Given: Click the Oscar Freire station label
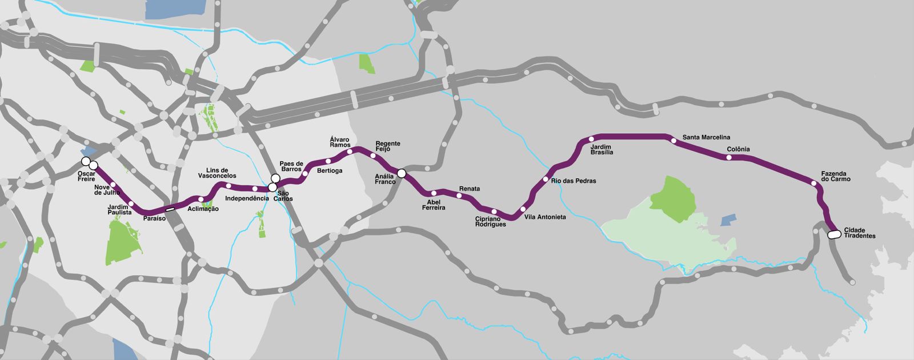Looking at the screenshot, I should click(86, 176).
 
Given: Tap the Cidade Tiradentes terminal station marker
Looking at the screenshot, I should click(834, 234).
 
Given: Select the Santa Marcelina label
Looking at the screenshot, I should click(706, 137).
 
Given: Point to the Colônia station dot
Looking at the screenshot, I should click(729, 157).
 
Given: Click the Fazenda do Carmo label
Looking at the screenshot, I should click(835, 176).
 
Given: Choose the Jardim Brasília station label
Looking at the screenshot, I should click(602, 150).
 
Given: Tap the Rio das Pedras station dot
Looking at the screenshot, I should click(545, 179).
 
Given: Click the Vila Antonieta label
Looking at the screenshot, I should click(545, 217).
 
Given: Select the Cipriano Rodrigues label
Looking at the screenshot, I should click(490, 222).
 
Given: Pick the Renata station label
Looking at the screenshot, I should click(470, 189).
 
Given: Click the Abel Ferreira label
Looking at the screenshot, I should click(434, 205).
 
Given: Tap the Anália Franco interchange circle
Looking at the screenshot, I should click(402, 173).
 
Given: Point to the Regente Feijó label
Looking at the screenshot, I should click(388, 146).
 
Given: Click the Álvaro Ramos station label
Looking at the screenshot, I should click(340, 142).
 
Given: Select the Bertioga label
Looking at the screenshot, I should click(330, 170).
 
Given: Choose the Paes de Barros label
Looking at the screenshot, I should click(291, 166).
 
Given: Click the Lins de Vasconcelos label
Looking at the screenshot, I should click(217, 173).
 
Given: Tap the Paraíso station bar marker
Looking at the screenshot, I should click(170, 209).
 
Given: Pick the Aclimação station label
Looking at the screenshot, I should click(203, 209).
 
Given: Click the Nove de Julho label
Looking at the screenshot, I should click(106, 190).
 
